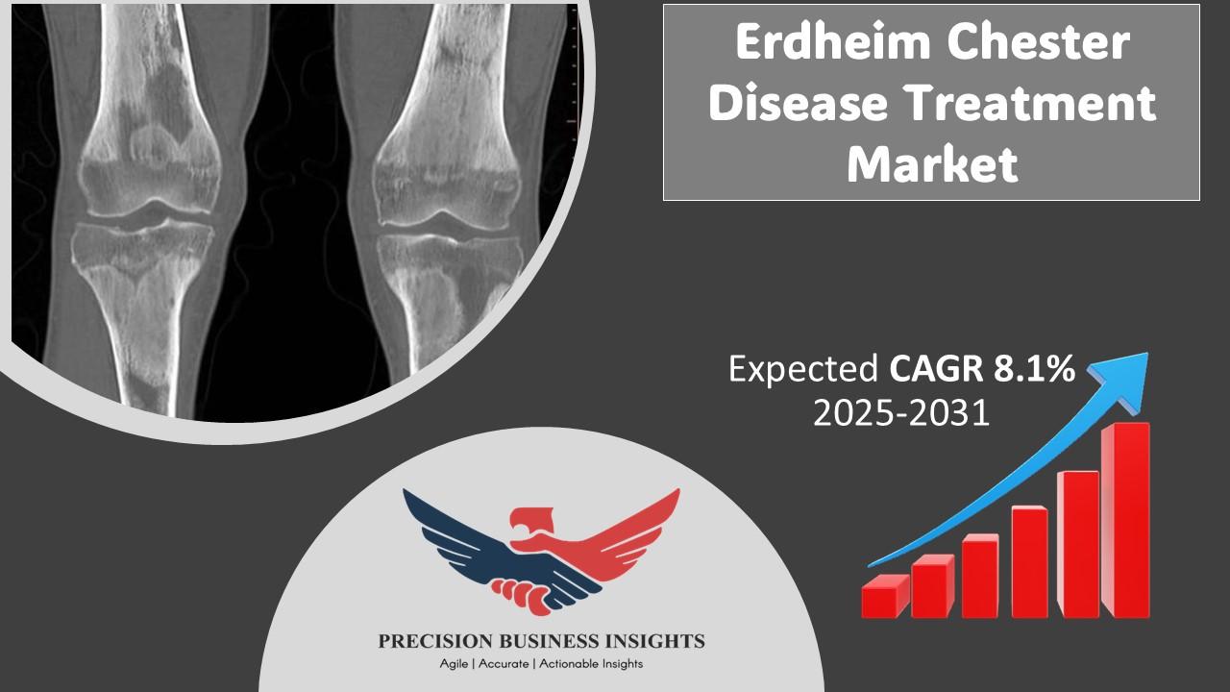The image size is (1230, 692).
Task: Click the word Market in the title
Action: click(x=932, y=163)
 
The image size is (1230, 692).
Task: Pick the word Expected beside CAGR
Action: click(x=803, y=369)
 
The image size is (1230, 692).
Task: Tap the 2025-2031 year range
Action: click(x=901, y=412)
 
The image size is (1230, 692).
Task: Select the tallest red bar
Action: click(x=1125, y=520)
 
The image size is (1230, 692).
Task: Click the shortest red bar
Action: click(x=885, y=596)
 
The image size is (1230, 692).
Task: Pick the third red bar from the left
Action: click(x=980, y=576)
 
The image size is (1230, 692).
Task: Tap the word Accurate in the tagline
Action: click(x=504, y=664)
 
